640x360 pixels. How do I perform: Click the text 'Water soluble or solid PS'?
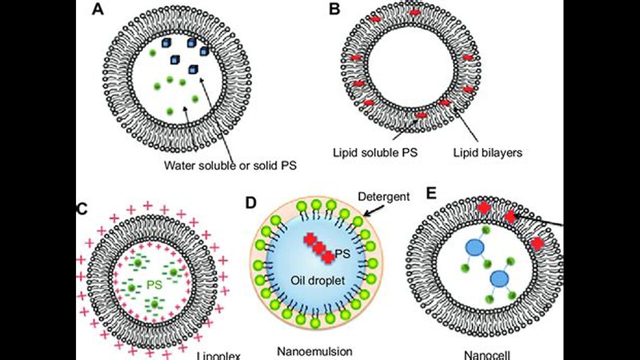point(230,165)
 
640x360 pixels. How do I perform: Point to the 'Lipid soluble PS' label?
point(375,152)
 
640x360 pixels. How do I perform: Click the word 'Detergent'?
point(383,196)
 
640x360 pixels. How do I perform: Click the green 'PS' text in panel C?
point(153,284)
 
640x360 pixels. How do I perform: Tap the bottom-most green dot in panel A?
point(170,111)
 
